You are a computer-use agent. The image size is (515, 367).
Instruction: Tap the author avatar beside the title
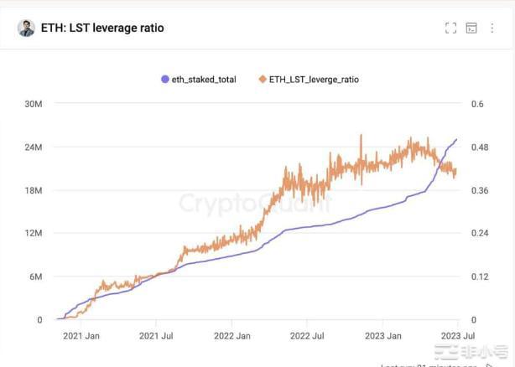point(27,28)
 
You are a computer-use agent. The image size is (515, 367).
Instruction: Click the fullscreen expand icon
point(450,28)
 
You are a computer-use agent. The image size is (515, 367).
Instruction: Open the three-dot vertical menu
point(492,28)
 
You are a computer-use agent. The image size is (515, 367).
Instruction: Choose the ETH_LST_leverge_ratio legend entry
point(309,79)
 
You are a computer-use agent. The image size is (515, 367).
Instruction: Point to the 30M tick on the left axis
point(34,104)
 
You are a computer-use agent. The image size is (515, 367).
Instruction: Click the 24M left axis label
point(34,147)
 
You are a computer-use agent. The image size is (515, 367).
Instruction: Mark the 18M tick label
point(34,190)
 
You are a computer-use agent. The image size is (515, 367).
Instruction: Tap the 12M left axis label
point(34,233)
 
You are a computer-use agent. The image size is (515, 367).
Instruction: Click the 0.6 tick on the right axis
point(477,104)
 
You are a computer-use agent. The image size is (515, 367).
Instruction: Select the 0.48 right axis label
point(480,147)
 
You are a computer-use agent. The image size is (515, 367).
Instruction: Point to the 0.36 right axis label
point(480,190)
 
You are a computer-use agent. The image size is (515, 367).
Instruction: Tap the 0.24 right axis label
point(480,233)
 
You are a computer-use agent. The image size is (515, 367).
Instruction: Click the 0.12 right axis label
point(480,277)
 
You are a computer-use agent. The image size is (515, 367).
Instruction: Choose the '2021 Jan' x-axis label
point(81,336)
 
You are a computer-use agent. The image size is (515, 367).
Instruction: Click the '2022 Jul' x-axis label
point(306,336)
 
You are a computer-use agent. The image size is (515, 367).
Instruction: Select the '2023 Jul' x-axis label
point(456,336)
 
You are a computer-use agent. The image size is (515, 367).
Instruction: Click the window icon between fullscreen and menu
point(471,28)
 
